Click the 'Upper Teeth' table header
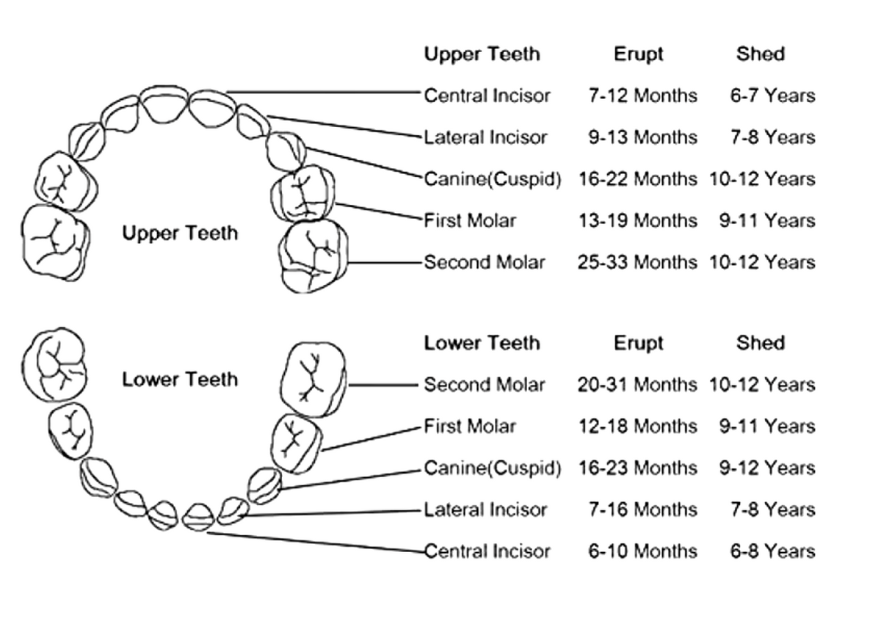pos(482,54)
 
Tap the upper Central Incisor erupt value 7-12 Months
pos(642,95)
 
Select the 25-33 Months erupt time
pos(637,262)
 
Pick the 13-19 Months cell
pos(637,221)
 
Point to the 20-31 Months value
pos(637,385)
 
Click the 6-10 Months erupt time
pos(642,551)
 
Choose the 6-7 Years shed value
pos(773,95)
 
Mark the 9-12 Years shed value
pos(767,468)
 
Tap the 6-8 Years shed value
pos(773,551)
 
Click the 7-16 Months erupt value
pos(642,510)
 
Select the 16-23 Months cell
pos(637,468)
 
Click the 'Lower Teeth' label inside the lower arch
pos(180,380)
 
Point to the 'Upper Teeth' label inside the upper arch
pos(180,233)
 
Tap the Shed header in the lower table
pos(761,343)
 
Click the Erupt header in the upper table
pos(638,54)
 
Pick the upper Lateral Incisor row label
pos(485,137)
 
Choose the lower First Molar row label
pos(470,427)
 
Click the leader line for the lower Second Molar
pos(383,385)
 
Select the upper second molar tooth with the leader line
pos(313,256)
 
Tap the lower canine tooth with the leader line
pos(264,486)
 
